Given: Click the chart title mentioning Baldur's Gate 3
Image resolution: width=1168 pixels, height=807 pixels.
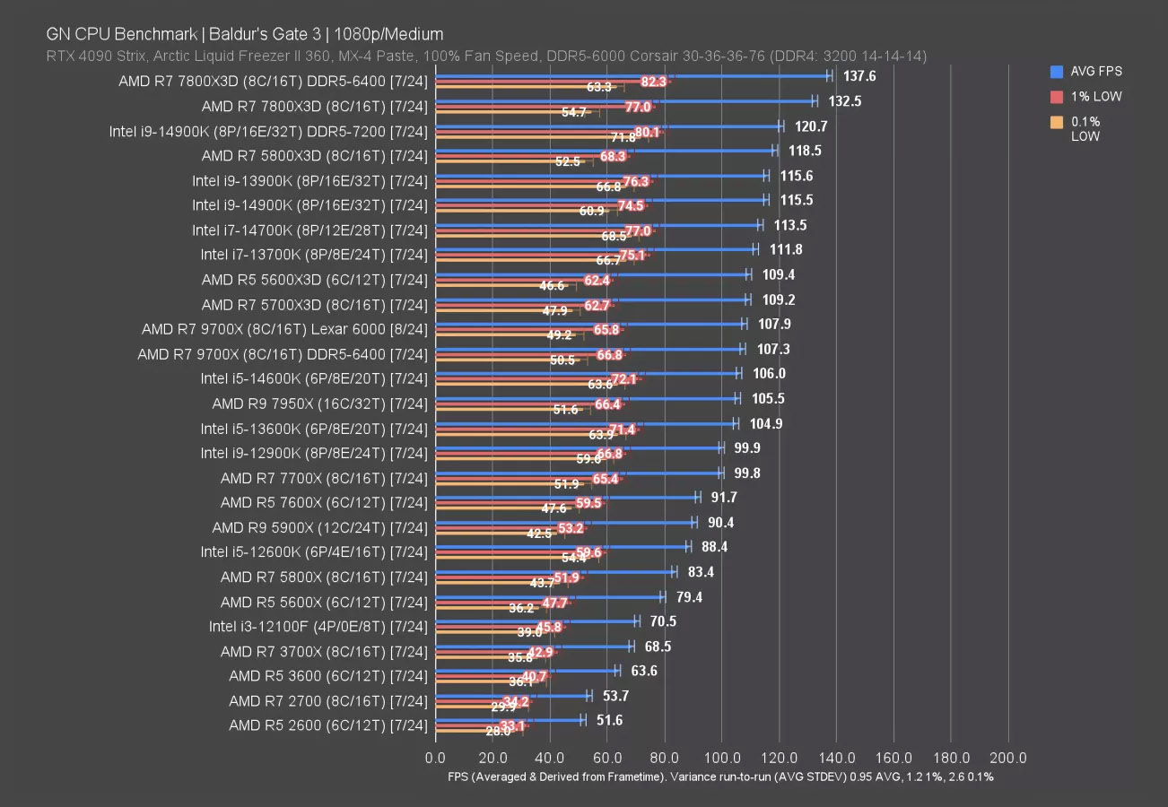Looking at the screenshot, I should click(x=244, y=34).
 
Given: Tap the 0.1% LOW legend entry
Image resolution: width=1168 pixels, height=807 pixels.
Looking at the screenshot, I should click(x=1085, y=129).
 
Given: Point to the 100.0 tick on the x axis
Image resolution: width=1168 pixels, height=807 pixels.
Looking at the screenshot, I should click(x=722, y=758).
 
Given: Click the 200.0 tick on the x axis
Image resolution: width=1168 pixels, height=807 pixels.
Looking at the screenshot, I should click(x=1008, y=758).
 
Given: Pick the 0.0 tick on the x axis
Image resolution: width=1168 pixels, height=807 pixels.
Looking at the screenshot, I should click(x=436, y=758).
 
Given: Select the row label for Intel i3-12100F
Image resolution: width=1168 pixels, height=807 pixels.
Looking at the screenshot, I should click(x=318, y=626).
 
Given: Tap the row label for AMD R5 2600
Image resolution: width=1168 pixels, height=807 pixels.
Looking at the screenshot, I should click(x=328, y=725).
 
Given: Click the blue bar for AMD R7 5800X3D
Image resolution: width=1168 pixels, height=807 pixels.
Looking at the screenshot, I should click(x=606, y=151).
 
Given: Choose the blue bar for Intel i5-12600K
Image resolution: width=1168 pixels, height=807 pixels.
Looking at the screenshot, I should click(x=562, y=546).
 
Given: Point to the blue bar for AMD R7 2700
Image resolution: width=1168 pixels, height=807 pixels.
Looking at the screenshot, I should click(x=512, y=695).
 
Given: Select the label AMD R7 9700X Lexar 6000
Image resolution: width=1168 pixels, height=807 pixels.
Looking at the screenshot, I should click(x=284, y=329).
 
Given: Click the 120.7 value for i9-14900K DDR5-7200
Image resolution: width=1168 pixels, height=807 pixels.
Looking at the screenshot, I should click(x=811, y=126).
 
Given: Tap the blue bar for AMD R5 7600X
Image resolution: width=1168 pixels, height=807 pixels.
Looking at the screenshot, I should click(x=567, y=497).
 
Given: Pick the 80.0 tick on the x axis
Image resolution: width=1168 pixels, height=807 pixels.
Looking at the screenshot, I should click(x=665, y=758).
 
